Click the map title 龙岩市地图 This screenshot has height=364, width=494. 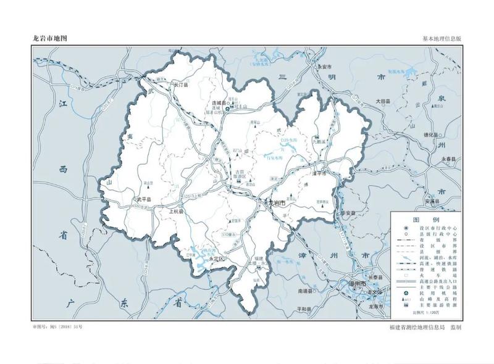(49, 38)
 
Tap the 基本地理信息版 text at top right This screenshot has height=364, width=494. (442, 38)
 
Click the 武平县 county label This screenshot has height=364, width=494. (143, 199)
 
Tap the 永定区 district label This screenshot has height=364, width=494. (216, 260)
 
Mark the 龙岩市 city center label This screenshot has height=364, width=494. (274, 202)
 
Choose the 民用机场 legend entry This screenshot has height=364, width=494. (440, 292)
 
